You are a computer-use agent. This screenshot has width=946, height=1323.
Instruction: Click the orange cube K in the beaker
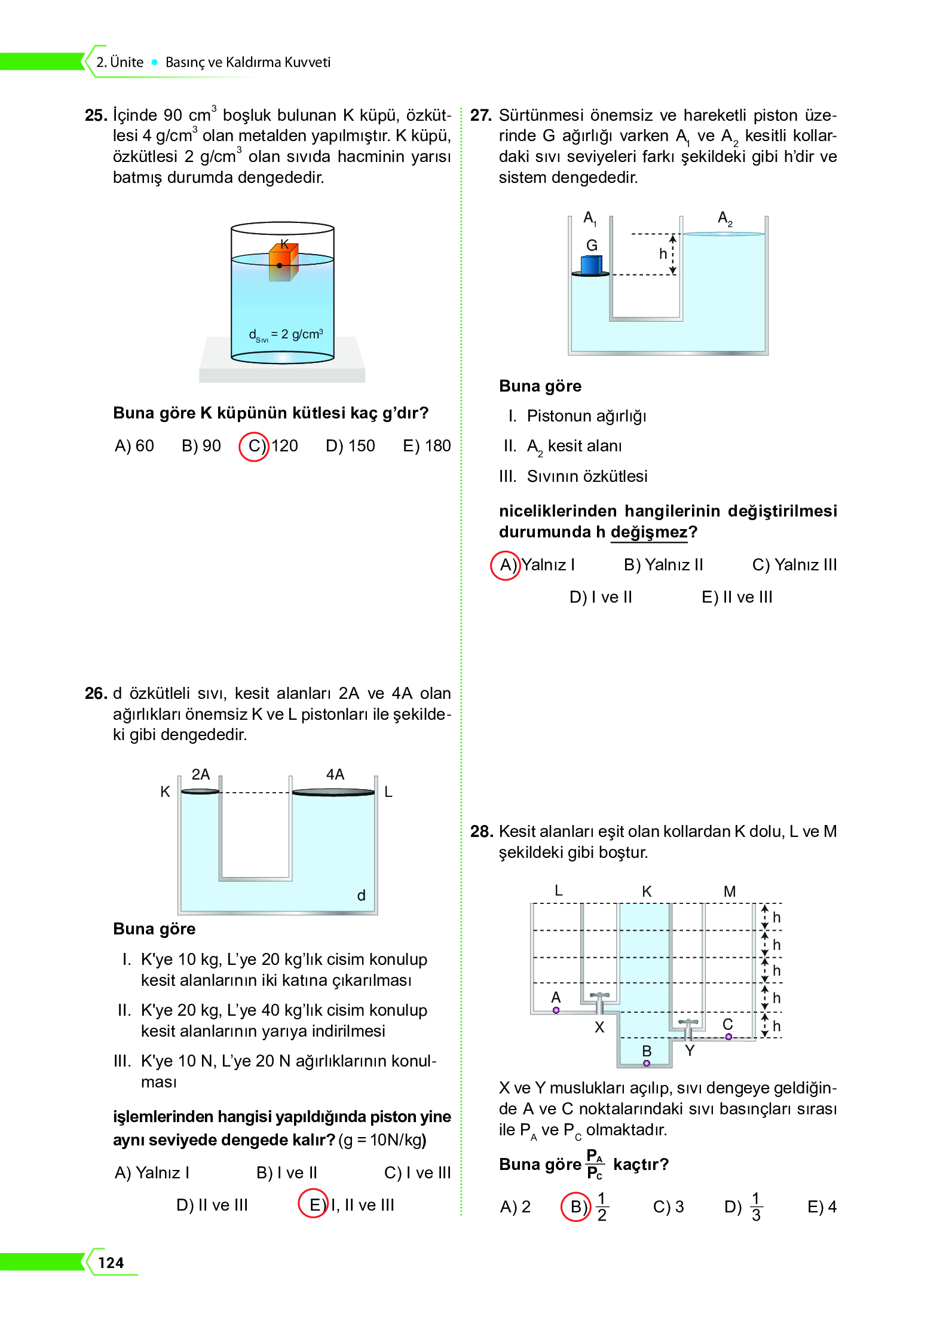pyautogui.click(x=283, y=262)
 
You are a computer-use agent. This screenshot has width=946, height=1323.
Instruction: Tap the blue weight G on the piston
pyautogui.click(x=591, y=264)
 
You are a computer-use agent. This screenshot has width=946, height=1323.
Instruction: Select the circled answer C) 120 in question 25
pyautogui.click(x=269, y=446)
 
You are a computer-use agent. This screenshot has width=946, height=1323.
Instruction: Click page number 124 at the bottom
pyautogui.click(x=111, y=1263)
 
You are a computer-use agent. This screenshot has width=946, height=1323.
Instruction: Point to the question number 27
pyautogui.click(x=480, y=115)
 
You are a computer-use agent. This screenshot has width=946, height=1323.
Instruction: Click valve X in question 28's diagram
pyautogui.click(x=599, y=1002)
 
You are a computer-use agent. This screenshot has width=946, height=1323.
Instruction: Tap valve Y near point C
pyautogui.click(x=688, y=1028)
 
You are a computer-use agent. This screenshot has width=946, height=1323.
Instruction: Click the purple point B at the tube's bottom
pyautogui.click(x=647, y=1063)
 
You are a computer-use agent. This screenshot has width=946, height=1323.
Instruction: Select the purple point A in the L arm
pyautogui.click(x=556, y=1010)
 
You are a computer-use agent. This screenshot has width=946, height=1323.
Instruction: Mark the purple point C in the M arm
pyautogui.click(x=728, y=1037)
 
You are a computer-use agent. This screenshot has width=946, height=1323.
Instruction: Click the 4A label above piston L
pyautogui.click(x=335, y=775)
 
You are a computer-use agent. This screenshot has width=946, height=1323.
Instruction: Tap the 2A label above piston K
pyautogui.click(x=200, y=775)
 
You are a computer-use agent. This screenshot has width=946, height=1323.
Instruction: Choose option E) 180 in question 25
pyautogui.click(x=427, y=446)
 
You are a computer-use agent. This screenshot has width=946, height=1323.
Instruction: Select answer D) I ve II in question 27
pyautogui.click(x=601, y=597)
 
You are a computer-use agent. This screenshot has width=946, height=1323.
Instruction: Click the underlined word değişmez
pyautogui.click(x=648, y=532)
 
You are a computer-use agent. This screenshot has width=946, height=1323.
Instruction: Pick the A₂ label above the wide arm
pyautogui.click(x=725, y=219)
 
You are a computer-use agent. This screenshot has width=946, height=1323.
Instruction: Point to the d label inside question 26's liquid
pyautogui.click(x=361, y=896)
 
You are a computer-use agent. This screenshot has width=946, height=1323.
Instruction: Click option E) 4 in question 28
pyautogui.click(x=822, y=1207)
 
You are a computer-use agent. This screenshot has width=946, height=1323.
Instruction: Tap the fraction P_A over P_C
pyautogui.click(x=595, y=1164)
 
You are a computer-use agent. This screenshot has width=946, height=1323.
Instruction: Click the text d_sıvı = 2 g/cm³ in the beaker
pyautogui.click(x=286, y=335)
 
